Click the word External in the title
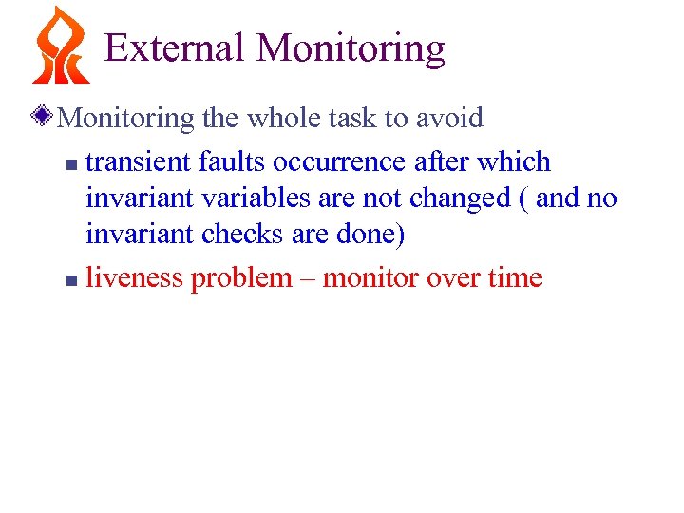[174, 47]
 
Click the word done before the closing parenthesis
[373, 235]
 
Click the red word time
[512, 278]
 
